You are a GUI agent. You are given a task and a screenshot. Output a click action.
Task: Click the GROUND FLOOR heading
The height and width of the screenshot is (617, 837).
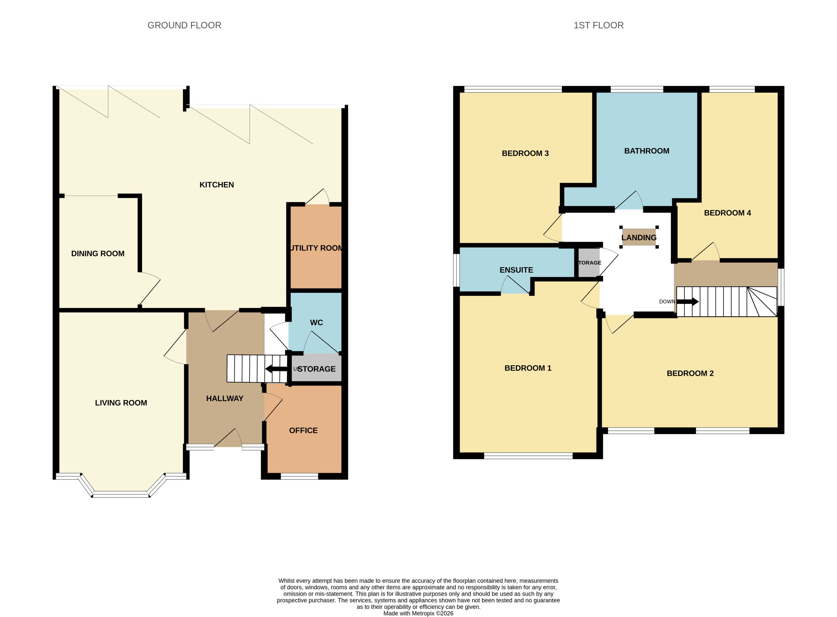pos(184,26)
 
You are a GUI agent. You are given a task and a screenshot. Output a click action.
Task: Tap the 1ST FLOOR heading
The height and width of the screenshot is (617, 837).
pos(598,26)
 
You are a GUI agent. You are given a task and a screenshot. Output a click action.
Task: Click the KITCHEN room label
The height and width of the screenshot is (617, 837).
pos(217,185)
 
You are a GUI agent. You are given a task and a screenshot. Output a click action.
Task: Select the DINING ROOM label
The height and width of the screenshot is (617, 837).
pos(98,254)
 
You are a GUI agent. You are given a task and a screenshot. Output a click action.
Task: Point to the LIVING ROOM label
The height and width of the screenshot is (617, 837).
pos(121,403)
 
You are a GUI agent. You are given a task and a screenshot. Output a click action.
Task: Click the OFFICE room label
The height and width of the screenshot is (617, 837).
pos(303,430)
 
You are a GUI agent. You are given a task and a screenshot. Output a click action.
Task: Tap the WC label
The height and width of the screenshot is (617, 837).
pos(316,322)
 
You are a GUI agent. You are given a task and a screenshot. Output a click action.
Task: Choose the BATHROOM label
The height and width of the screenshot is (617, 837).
pos(647,151)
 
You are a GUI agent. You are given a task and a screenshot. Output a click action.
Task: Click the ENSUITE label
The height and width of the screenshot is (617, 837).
pos(516,270)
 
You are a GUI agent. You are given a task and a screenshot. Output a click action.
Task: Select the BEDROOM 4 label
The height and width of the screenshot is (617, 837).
pos(727,213)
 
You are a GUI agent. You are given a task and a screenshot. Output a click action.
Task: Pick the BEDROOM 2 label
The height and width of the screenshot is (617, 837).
pos(690,373)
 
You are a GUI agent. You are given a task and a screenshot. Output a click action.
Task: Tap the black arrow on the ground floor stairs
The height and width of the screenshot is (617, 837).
pos(276,369)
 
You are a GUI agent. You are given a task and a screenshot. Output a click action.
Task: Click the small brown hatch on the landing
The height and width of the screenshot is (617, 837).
pos(639,237)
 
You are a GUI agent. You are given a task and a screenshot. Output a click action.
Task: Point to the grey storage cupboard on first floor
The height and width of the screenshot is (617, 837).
pos(589,263)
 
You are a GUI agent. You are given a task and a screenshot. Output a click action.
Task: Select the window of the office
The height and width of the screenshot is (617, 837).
pos(299,476)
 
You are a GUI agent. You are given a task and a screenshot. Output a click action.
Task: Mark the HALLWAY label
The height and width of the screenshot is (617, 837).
pos(225,398)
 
